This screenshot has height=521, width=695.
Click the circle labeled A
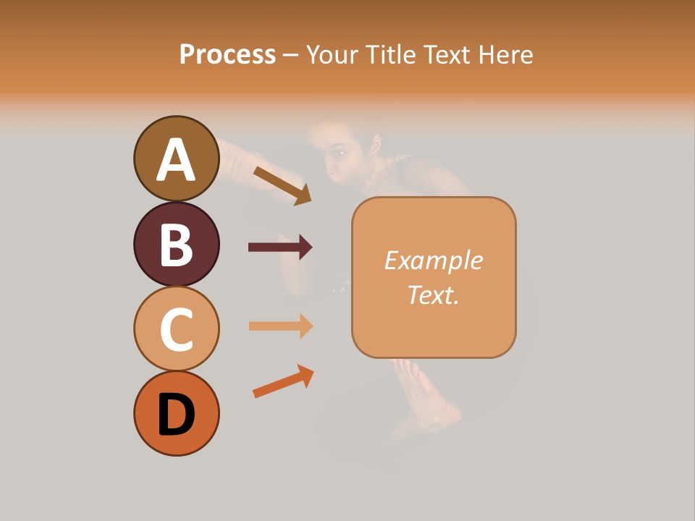tap(176, 158)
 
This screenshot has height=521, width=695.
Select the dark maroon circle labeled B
tap(176, 244)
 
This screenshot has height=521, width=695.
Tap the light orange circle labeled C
tap(176, 329)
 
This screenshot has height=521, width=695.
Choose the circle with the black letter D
tap(176, 413)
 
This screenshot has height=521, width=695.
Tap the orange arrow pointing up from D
tap(283, 381)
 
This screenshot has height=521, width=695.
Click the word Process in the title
tap(227, 54)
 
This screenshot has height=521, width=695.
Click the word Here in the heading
tap(506, 54)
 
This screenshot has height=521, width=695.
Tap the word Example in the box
tap(433, 260)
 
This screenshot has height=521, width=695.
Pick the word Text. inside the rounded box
tap(433, 295)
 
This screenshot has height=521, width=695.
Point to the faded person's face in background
tap(341, 152)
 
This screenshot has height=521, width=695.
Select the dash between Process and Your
tap(291, 55)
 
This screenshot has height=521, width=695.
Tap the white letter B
tap(176, 245)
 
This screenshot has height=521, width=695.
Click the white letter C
tap(176, 329)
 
